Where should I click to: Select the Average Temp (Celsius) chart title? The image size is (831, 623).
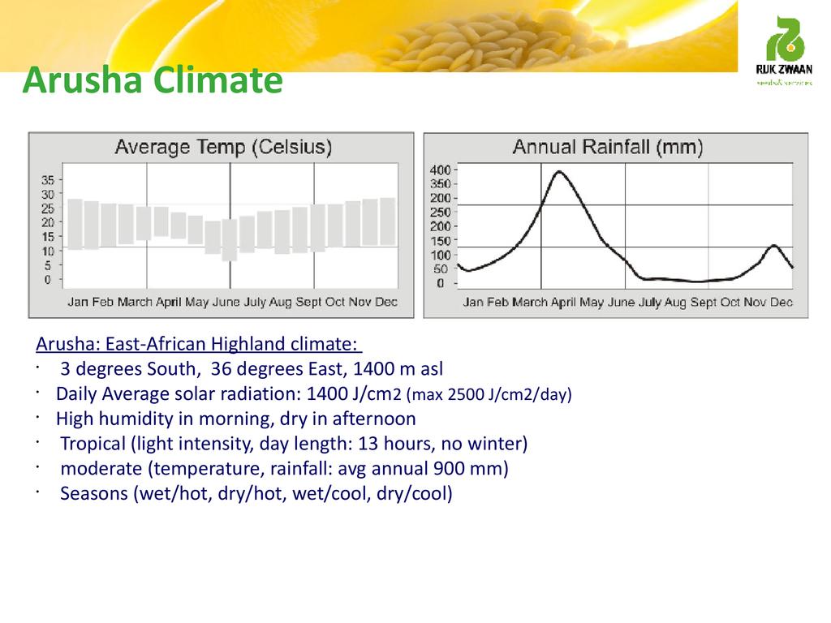pyautogui.click(x=223, y=148)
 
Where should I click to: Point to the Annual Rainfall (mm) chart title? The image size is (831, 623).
pyautogui.click(x=607, y=148)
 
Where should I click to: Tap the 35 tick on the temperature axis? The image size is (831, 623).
pyautogui.click(x=49, y=180)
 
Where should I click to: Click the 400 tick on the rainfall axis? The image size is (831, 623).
pyautogui.click(x=439, y=170)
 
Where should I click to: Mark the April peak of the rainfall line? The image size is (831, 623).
pyautogui.click(x=558, y=172)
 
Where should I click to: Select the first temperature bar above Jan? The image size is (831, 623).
pyautogui.click(x=75, y=223)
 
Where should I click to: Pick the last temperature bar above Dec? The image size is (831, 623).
pyautogui.click(x=387, y=221)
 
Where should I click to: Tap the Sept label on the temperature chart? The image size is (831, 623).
pyautogui.click(x=308, y=302)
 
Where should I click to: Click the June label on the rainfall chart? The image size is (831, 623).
pyautogui.click(x=621, y=303)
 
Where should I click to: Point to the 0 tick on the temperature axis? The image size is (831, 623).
pyautogui.click(x=47, y=279)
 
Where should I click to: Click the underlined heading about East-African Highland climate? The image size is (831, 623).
pyautogui.click(x=198, y=345)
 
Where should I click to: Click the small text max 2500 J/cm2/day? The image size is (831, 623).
pyautogui.click(x=489, y=395)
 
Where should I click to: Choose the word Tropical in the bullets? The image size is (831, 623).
pyautogui.click(x=92, y=444)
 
